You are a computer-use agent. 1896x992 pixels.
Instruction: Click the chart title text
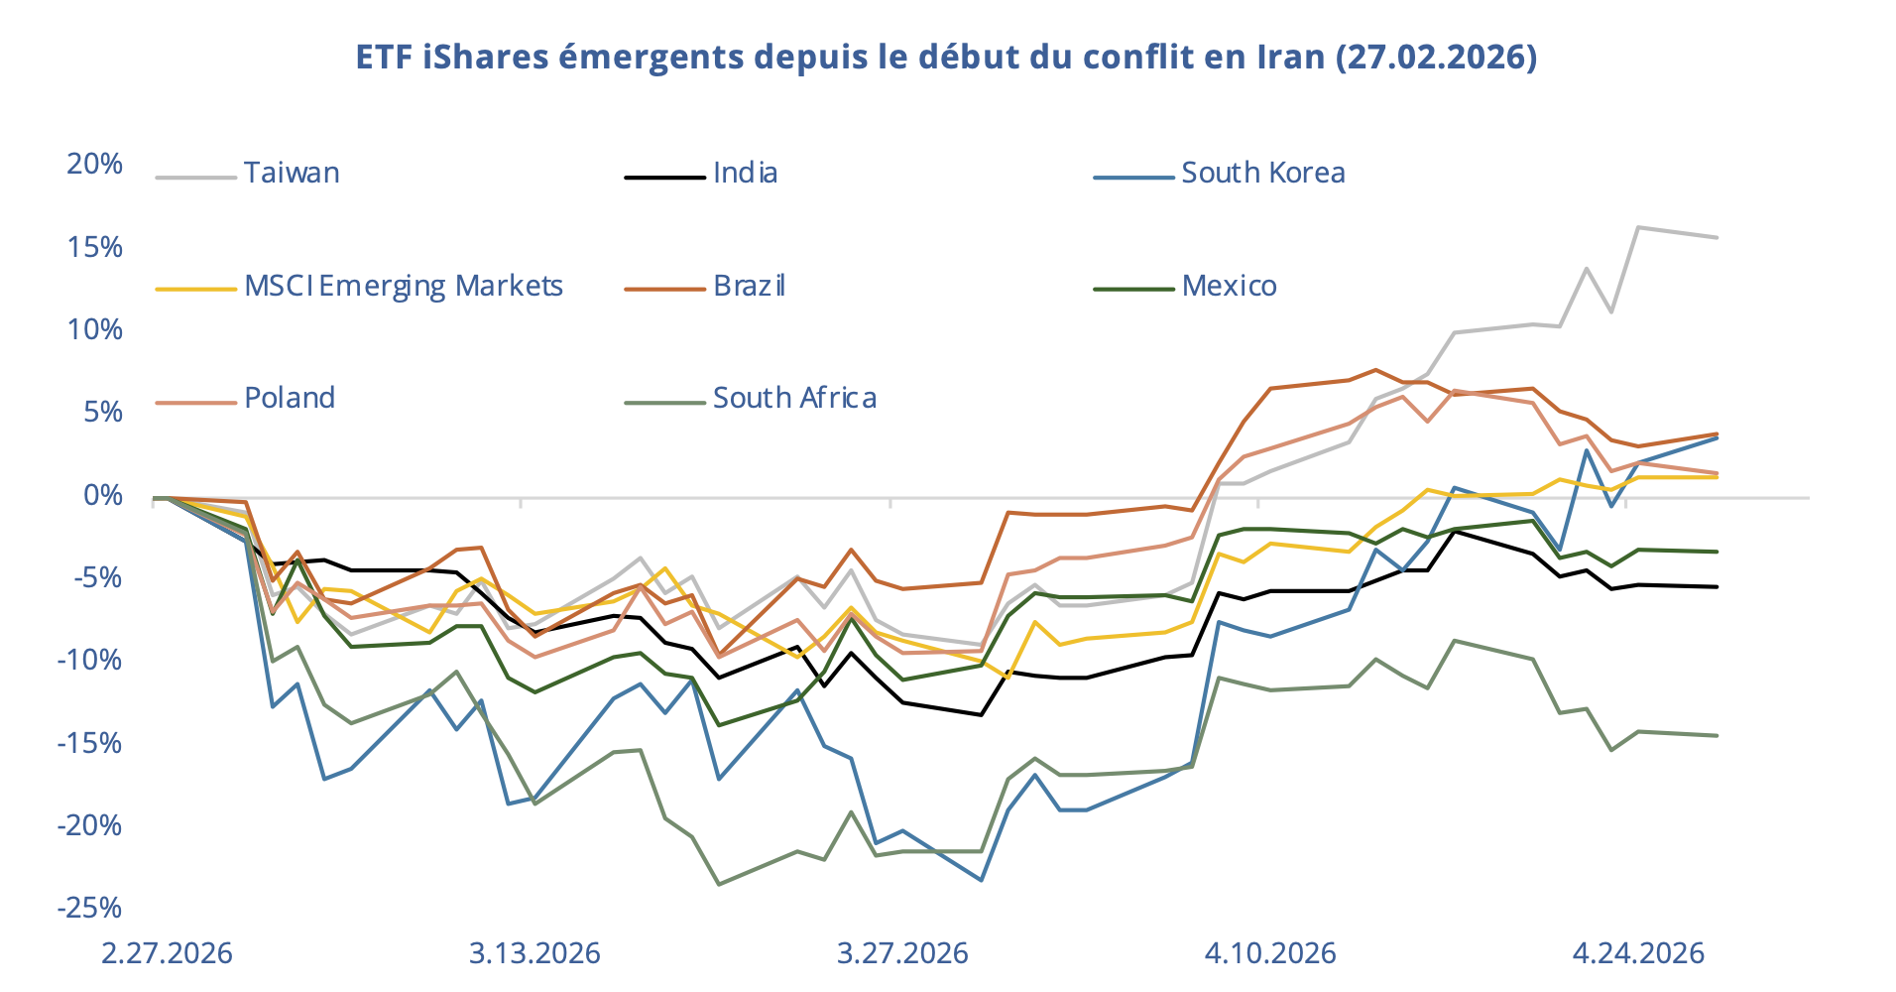tap(946, 57)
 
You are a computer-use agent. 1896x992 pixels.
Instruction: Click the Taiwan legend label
tap(292, 173)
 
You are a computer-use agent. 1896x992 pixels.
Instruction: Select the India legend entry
tap(745, 173)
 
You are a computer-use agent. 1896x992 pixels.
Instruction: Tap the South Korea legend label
tap(1262, 173)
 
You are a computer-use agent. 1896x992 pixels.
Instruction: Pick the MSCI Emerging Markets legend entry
tap(403, 286)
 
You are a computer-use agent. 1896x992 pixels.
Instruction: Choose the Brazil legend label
tap(749, 286)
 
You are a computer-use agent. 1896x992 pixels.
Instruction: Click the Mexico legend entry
tap(1229, 286)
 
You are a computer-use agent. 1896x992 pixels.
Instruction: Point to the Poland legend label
tap(289, 398)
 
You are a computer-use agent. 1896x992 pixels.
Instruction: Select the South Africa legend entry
tap(794, 398)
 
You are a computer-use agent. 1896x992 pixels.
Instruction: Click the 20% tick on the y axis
tap(94, 164)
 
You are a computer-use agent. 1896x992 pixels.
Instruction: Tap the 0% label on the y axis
tap(103, 495)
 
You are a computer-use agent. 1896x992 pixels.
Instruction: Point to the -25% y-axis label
tap(89, 908)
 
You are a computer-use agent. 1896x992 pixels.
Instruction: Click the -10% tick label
tap(89, 660)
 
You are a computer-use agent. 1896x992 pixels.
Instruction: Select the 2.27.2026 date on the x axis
tap(167, 953)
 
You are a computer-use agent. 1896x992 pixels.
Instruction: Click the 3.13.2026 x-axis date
tap(534, 953)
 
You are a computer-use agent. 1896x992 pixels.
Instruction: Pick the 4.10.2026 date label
tap(1270, 953)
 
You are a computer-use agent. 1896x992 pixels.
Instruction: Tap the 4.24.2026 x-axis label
tap(1638, 953)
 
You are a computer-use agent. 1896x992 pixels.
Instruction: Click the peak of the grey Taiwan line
tap(1638, 227)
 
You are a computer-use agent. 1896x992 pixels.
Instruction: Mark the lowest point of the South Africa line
tap(719, 884)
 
